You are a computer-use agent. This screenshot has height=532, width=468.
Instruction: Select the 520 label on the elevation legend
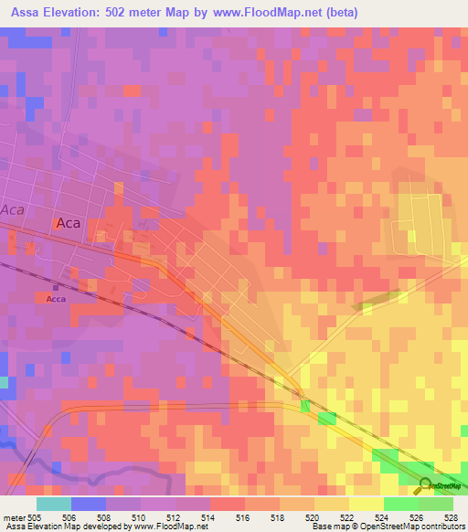(x=312, y=516)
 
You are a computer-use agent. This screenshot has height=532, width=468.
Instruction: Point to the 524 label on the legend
(x=382, y=516)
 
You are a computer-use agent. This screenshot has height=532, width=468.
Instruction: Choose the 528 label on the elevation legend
(x=450, y=516)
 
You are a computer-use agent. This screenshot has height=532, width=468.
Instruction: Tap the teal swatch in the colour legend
(x=53, y=504)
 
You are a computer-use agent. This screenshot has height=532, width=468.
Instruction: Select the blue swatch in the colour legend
(x=88, y=504)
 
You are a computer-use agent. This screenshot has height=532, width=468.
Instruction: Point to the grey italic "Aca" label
(x=12, y=209)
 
